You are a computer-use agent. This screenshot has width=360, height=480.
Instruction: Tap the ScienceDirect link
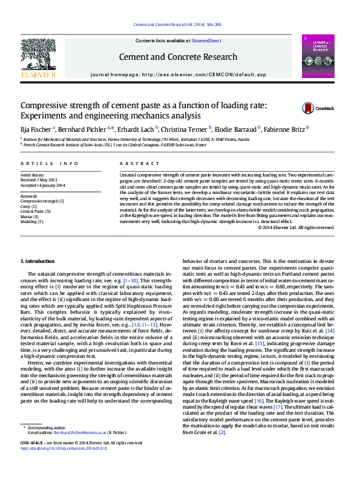(206, 41)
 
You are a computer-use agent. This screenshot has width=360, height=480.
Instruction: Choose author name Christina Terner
(185, 128)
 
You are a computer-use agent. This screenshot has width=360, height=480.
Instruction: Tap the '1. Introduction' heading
(38, 261)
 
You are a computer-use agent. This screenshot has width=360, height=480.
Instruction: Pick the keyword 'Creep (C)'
(28, 206)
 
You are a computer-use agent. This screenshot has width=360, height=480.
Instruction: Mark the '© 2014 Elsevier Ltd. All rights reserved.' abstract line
(296, 227)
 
